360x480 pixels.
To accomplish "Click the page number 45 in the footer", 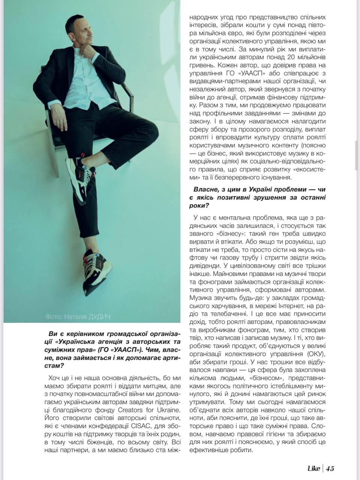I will click(x=330, y=468).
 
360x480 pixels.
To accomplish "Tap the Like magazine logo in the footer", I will click(x=313, y=468).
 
